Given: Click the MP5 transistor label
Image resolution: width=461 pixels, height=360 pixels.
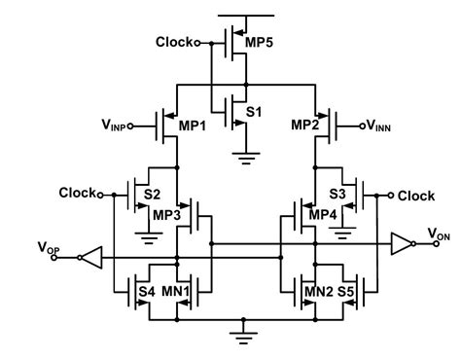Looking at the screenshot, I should coord(257,45).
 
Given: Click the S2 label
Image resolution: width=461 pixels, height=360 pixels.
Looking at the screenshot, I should coord(152,196).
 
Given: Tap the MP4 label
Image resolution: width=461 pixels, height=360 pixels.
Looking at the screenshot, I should coord(322,214).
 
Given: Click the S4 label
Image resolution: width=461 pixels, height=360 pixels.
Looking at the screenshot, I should coord(146,290).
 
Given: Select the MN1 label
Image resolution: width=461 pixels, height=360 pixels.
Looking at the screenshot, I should coord(176,290).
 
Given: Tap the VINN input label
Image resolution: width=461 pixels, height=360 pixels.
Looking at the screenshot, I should coord(380,126).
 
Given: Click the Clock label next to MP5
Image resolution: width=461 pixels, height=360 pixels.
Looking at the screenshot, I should coord(177,43).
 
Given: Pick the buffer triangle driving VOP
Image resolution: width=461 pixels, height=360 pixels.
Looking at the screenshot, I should coord(89,257).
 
